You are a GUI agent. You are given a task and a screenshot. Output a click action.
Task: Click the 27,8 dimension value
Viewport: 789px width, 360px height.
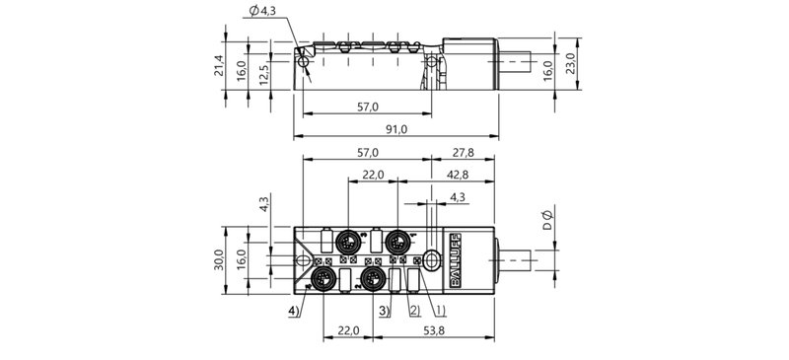(462, 153)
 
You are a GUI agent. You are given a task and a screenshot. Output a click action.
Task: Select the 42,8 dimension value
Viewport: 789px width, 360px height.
(458, 175)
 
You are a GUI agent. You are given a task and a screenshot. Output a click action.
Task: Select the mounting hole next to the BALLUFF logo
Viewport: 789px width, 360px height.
(432, 260)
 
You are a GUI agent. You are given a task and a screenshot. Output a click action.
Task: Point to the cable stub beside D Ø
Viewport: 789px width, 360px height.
(517, 260)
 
